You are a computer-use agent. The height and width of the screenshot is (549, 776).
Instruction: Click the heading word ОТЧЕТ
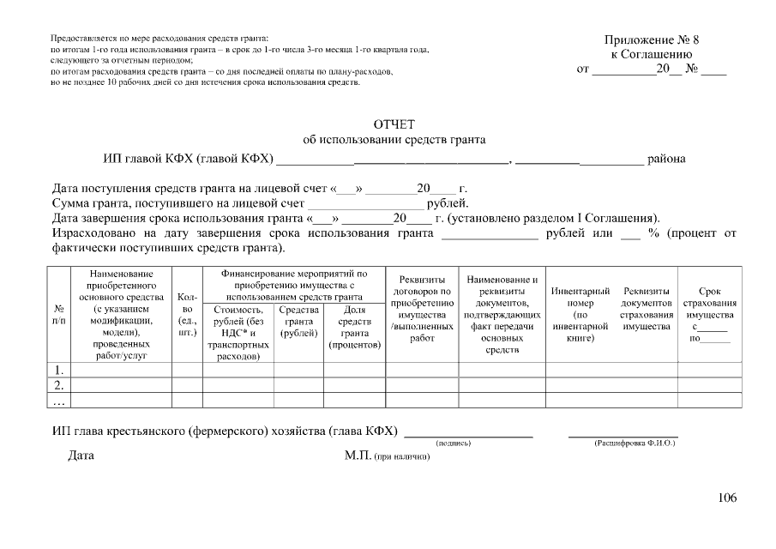pyautogui.click(x=394, y=125)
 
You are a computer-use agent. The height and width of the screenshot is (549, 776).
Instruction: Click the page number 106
pyautogui.click(x=726, y=498)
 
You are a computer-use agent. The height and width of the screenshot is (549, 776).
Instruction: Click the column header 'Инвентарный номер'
pyautogui.click(x=580, y=315)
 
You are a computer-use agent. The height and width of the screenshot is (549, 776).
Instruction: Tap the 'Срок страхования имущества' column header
pyautogui.click(x=709, y=315)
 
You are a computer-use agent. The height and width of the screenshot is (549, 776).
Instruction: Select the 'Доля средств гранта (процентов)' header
pyautogui.click(x=354, y=327)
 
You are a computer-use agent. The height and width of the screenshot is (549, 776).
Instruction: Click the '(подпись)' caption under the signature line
pyautogui.click(x=454, y=443)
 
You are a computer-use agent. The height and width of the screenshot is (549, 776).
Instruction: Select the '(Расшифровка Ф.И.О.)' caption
pyautogui.click(x=635, y=443)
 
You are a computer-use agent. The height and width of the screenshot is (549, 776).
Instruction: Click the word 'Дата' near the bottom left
pyautogui.click(x=81, y=455)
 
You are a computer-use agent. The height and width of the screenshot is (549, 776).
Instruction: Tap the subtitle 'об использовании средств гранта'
pyautogui.click(x=394, y=140)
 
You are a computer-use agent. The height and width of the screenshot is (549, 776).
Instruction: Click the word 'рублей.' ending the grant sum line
pyautogui.click(x=448, y=203)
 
